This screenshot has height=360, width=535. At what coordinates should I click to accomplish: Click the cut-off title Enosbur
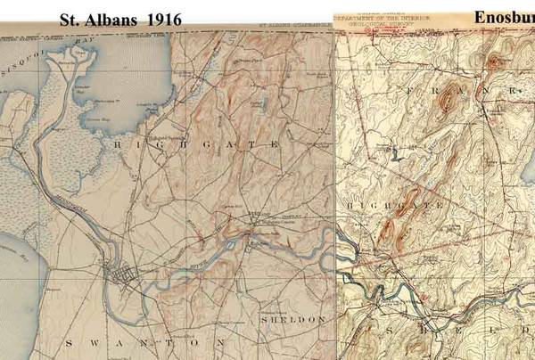[504, 17]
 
